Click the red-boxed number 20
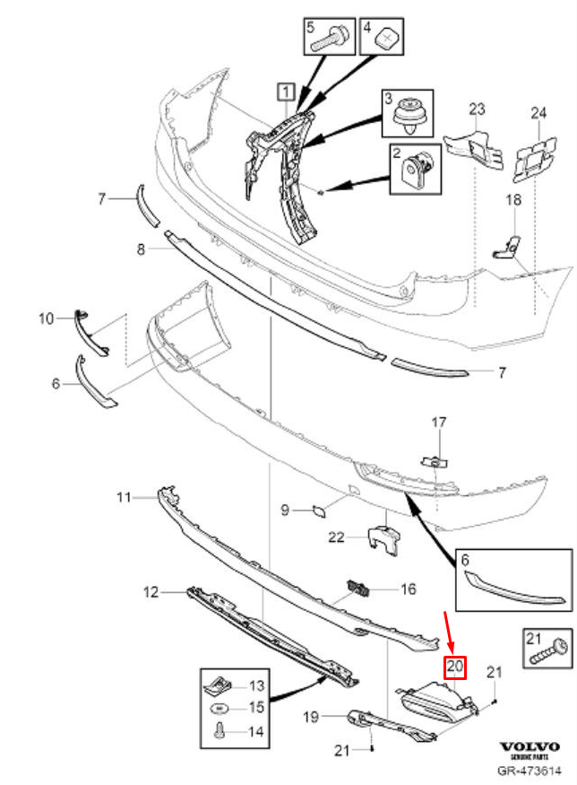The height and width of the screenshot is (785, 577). click(x=455, y=667)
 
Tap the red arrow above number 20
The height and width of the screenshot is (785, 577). click(x=451, y=632)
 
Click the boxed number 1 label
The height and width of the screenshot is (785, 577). click(x=284, y=91)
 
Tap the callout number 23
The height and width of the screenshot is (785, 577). click(x=476, y=109)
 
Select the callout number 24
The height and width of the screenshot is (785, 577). click(x=538, y=112)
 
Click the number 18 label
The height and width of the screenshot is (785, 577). click(x=513, y=200)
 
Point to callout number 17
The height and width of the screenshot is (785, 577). click(x=438, y=422)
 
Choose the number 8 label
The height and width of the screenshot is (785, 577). click(x=140, y=249)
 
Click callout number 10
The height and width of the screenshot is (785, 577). click(x=46, y=318)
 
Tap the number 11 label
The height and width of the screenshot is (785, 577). click(x=124, y=496)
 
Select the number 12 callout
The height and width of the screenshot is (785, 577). click(x=151, y=592)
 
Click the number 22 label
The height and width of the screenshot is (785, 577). click(x=335, y=537)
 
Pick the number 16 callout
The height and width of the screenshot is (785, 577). click(x=408, y=589)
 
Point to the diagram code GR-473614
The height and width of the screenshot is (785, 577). click(x=529, y=770)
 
